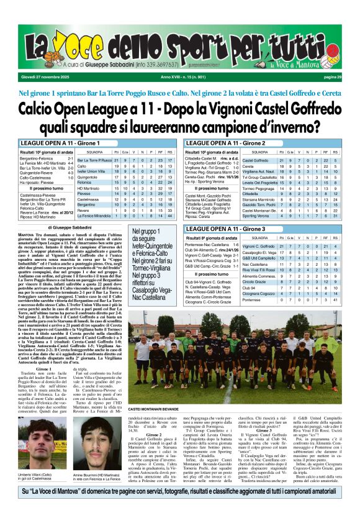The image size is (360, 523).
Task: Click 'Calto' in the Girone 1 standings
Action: tap(81, 166)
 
